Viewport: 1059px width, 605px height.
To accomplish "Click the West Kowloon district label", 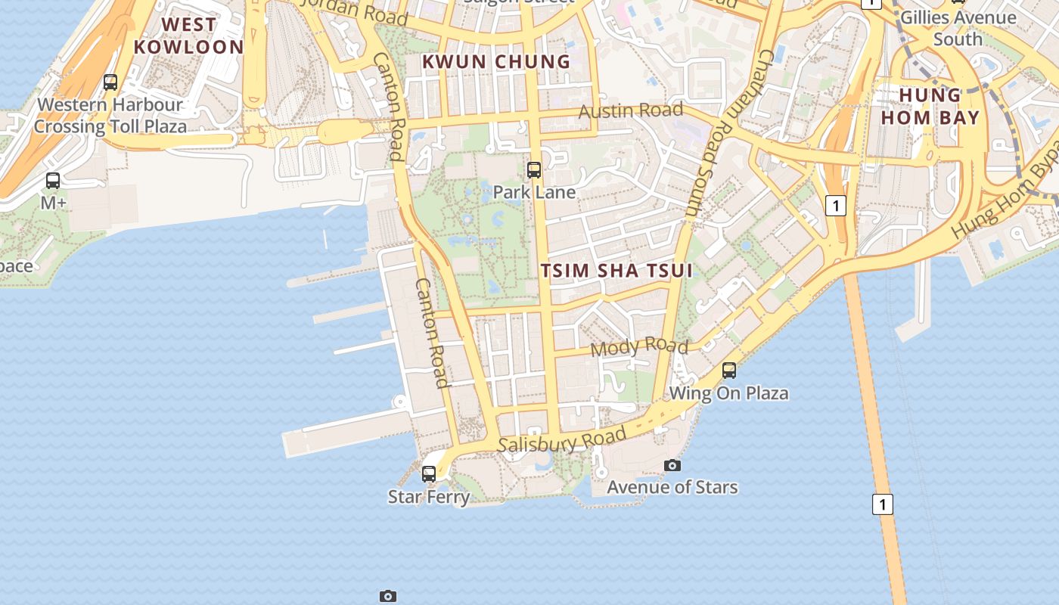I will [x=188, y=36].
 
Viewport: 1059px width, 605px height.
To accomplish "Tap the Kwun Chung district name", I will [x=496, y=62].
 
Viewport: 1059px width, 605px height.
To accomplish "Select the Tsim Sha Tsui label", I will [x=616, y=271].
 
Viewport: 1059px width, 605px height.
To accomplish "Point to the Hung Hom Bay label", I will [x=930, y=106].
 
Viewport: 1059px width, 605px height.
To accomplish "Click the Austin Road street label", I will [x=631, y=111].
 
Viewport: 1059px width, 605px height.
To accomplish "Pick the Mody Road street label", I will [x=639, y=347].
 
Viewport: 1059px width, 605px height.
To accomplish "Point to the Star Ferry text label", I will [x=429, y=497].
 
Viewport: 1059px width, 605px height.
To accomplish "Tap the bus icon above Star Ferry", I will [x=429, y=474].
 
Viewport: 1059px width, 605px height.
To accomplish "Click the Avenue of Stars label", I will [x=672, y=486].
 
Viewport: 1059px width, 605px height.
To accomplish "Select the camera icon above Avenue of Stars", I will [x=672, y=465].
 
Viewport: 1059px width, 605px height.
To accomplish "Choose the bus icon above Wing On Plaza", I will [x=729, y=371].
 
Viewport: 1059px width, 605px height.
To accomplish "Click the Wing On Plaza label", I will [x=728, y=393].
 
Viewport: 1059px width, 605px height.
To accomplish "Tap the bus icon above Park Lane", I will [x=534, y=170].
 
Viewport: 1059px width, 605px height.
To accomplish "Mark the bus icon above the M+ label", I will [x=53, y=181].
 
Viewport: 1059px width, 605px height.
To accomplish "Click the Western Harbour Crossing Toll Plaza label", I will [x=110, y=115].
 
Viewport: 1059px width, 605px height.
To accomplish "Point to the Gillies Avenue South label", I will [x=958, y=28].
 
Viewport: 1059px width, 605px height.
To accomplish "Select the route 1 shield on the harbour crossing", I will [x=883, y=504].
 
